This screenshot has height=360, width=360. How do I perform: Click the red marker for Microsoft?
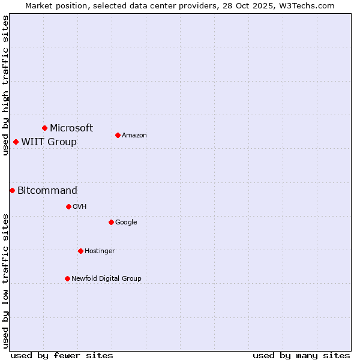pyautogui.click(x=44, y=128)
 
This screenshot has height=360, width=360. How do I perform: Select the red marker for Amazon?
pyautogui.click(x=118, y=135)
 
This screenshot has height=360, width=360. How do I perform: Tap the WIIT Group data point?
pyautogui.click(x=16, y=142)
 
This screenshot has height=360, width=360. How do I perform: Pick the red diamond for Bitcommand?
pyautogui.click(x=12, y=190)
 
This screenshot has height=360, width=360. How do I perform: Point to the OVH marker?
pyautogui.click(x=68, y=206)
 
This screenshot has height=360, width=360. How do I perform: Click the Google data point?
pyautogui.click(x=111, y=222)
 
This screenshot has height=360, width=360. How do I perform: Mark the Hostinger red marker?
pyautogui.click(x=80, y=251)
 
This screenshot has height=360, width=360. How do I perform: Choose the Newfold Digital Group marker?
pyautogui.click(x=67, y=278)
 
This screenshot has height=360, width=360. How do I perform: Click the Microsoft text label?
pyautogui.click(x=71, y=128)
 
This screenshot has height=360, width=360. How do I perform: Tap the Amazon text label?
pyautogui.click(x=134, y=135)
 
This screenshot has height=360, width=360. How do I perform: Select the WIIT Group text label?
pyautogui.click(x=49, y=142)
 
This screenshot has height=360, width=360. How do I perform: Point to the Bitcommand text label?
pyautogui.click(x=47, y=190)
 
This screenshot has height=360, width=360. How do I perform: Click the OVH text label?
pyautogui.click(x=80, y=206)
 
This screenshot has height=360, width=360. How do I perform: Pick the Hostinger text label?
pyautogui.click(x=100, y=251)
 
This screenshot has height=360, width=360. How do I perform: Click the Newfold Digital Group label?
pyautogui.click(x=106, y=278)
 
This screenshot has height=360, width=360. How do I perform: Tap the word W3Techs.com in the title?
pyautogui.click(x=305, y=5)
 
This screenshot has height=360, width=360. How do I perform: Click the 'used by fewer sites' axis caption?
pyautogui.click(x=62, y=355)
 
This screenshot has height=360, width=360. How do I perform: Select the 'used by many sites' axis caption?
pyautogui.click(x=301, y=355)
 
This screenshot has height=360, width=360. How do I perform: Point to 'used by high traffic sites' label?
pyautogui.click(x=5, y=85)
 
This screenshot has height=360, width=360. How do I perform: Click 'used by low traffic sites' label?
pyautogui.click(x=5, y=281)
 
